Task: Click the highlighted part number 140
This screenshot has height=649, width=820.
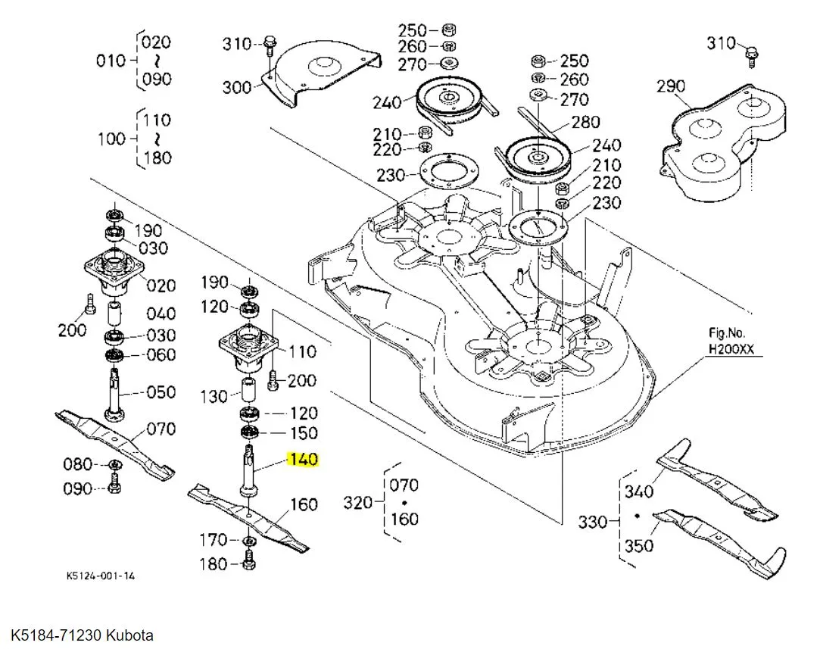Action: pos(303,460)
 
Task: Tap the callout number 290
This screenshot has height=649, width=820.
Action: pos(671,86)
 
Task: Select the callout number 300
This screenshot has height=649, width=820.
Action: pos(236,88)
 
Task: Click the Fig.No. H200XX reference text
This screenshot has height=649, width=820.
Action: pos(734,342)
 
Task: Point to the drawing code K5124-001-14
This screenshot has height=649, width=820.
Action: pos(101,576)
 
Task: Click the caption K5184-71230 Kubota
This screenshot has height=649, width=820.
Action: pos(82,635)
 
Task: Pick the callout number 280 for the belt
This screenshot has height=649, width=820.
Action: pos(585,122)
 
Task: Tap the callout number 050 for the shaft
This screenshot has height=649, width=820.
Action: pos(161,392)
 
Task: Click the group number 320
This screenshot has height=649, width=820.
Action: pos(358,502)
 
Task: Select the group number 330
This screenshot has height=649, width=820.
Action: pos(593,522)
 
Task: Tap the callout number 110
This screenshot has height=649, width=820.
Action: pos(302,351)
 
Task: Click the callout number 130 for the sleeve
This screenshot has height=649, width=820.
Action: pos(214,396)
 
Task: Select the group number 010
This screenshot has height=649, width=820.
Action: pos(111,61)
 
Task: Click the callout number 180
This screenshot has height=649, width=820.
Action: pos(213,564)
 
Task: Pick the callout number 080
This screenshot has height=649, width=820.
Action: pos(77,464)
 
